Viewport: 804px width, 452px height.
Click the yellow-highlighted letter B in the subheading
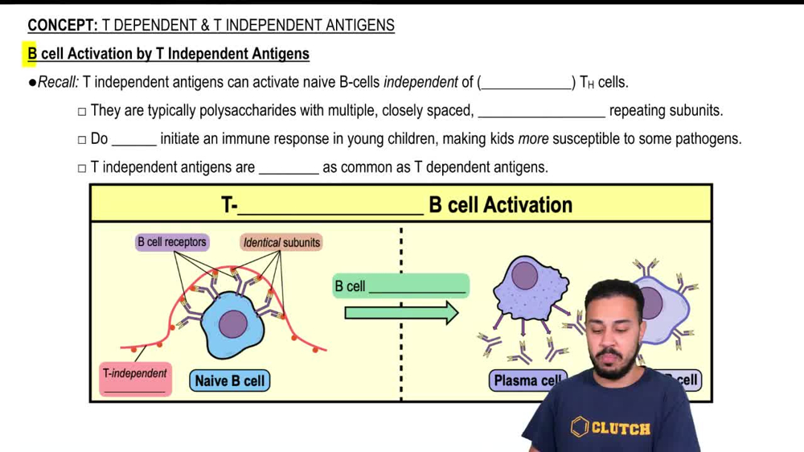click(31, 55)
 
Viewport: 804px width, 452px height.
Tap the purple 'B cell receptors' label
click(172, 242)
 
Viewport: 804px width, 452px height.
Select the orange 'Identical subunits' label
click(281, 242)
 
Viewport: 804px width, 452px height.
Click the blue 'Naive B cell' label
click(230, 380)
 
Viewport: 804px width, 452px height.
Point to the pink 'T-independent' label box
click(134, 379)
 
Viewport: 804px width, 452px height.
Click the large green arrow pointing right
click(401, 312)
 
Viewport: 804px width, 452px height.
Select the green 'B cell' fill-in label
click(400, 286)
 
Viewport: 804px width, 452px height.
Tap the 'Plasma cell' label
click(527, 380)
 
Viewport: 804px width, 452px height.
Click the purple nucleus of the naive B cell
click(233, 325)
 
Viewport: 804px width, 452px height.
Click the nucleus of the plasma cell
click(525, 276)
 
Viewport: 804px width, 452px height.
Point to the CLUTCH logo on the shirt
click(610, 427)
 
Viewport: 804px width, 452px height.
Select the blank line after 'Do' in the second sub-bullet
click(133, 139)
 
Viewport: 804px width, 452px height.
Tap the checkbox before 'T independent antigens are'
click(82, 169)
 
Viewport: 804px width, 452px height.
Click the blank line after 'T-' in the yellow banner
click(330, 206)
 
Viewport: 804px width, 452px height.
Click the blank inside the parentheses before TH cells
click(527, 83)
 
